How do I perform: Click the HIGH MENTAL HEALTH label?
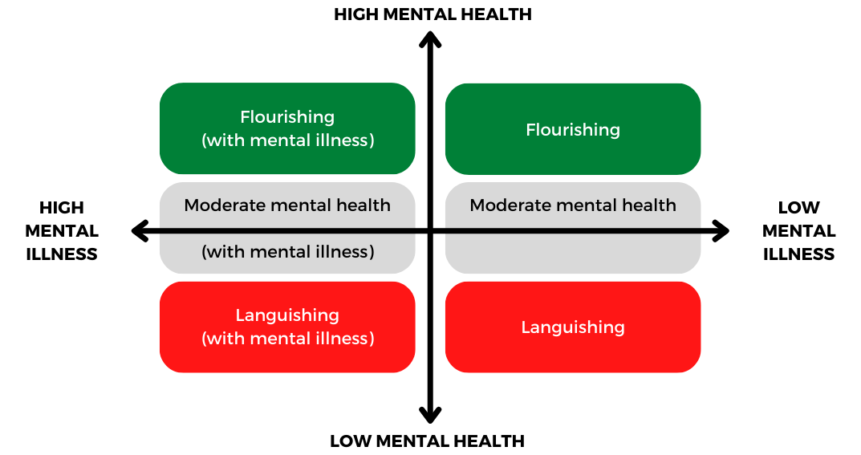pos(433,14)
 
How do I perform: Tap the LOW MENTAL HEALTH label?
pos(427,441)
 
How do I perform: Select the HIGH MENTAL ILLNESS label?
pos(62,231)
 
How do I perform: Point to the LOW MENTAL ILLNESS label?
pos(798,231)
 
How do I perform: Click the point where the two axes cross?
pos(431,232)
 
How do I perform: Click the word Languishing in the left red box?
pos(287,315)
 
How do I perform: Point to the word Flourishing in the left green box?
pos(287,118)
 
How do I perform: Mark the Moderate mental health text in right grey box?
pos(573,205)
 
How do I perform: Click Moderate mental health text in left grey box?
pos(287,205)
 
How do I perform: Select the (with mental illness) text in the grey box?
pos(287,252)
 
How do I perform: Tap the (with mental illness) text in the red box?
pos(287,339)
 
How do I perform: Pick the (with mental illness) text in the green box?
pos(287,140)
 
